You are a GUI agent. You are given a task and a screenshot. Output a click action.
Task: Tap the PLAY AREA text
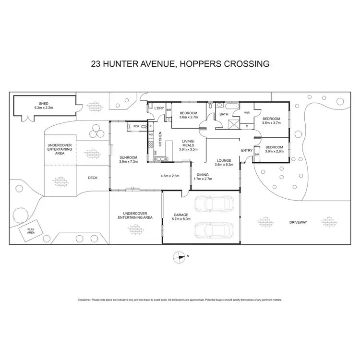click(31, 231)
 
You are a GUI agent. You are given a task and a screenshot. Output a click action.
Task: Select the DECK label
click(93, 178)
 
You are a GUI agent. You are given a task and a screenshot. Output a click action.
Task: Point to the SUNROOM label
click(129, 157)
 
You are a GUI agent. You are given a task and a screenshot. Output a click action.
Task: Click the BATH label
click(224, 114)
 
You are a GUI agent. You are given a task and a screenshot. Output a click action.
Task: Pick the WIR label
click(247, 113)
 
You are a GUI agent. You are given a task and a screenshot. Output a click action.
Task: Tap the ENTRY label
click(247, 150)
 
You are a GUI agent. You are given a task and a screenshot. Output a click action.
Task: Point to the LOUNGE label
click(224, 160)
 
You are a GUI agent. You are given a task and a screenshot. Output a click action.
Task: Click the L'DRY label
click(159, 108)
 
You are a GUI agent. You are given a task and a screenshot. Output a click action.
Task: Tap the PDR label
click(136, 126)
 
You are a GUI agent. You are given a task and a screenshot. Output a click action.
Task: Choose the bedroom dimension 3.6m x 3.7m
click(271, 123)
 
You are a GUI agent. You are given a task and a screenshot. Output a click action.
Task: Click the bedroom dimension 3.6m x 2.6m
click(274, 151)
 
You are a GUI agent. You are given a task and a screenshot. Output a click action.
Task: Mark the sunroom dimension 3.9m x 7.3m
click(129, 162)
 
